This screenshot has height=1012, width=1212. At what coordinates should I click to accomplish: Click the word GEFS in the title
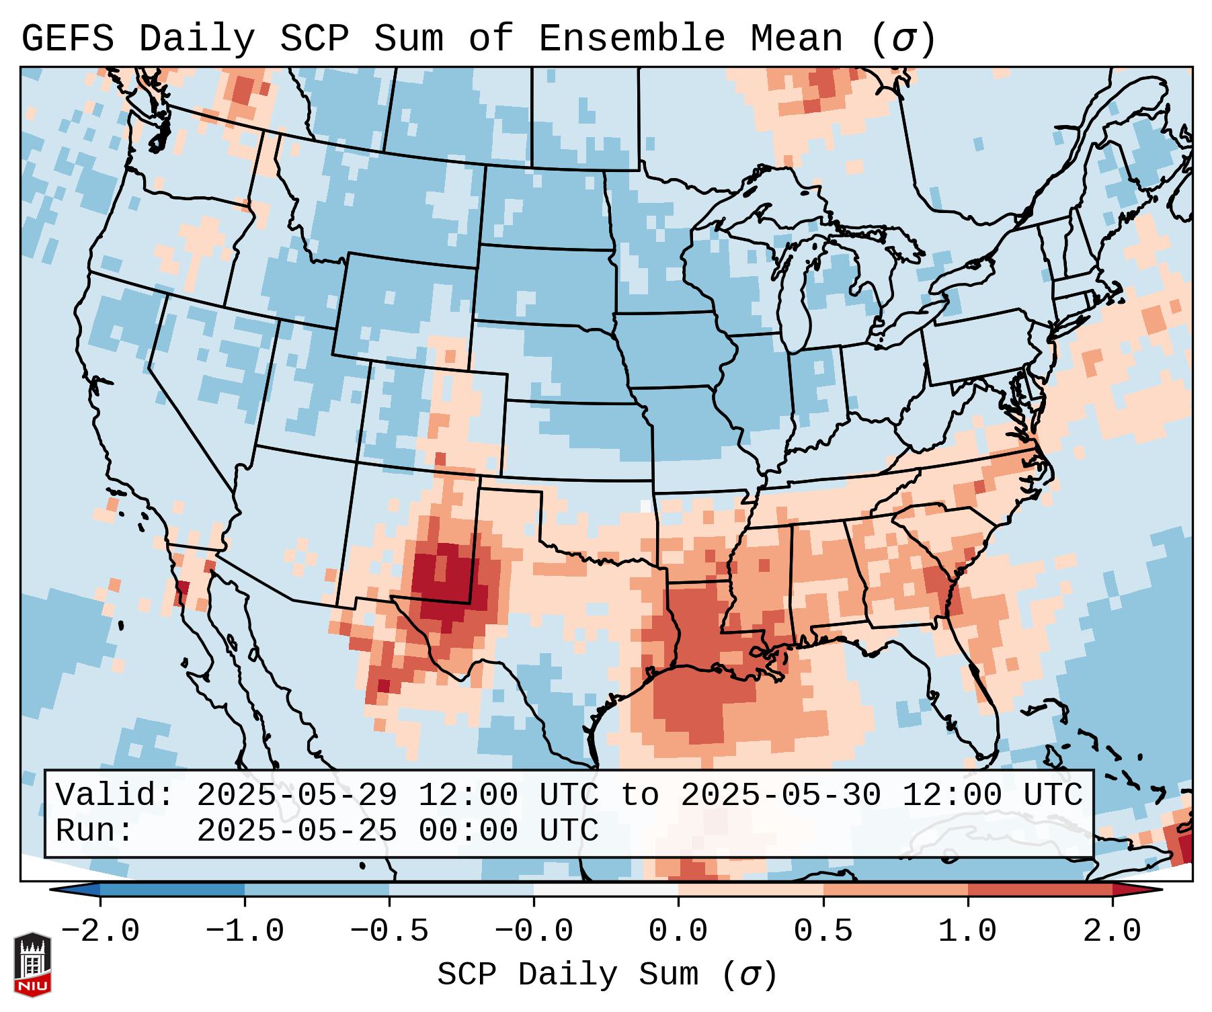67,39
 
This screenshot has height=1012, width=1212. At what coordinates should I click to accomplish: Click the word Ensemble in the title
631,39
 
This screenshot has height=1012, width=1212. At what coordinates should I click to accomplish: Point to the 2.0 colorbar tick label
1112,931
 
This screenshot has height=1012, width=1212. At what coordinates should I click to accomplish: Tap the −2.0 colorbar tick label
100,931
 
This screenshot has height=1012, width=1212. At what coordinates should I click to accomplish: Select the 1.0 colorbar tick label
967,931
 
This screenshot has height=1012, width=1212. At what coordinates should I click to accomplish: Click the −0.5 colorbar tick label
389,931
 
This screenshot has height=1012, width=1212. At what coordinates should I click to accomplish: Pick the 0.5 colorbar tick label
823,931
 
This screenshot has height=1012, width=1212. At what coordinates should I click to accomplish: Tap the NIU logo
32,964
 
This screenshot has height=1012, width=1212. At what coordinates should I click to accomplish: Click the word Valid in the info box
111,795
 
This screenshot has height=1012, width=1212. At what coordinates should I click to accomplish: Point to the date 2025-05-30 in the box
780,795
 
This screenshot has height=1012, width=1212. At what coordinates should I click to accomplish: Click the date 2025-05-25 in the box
296,831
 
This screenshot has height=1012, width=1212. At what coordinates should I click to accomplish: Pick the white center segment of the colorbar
606,890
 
